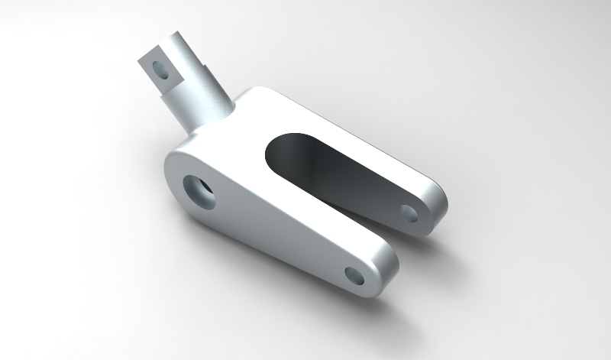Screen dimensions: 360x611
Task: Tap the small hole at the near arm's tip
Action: coord(354,274)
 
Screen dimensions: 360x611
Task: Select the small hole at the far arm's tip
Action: coord(409,212)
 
